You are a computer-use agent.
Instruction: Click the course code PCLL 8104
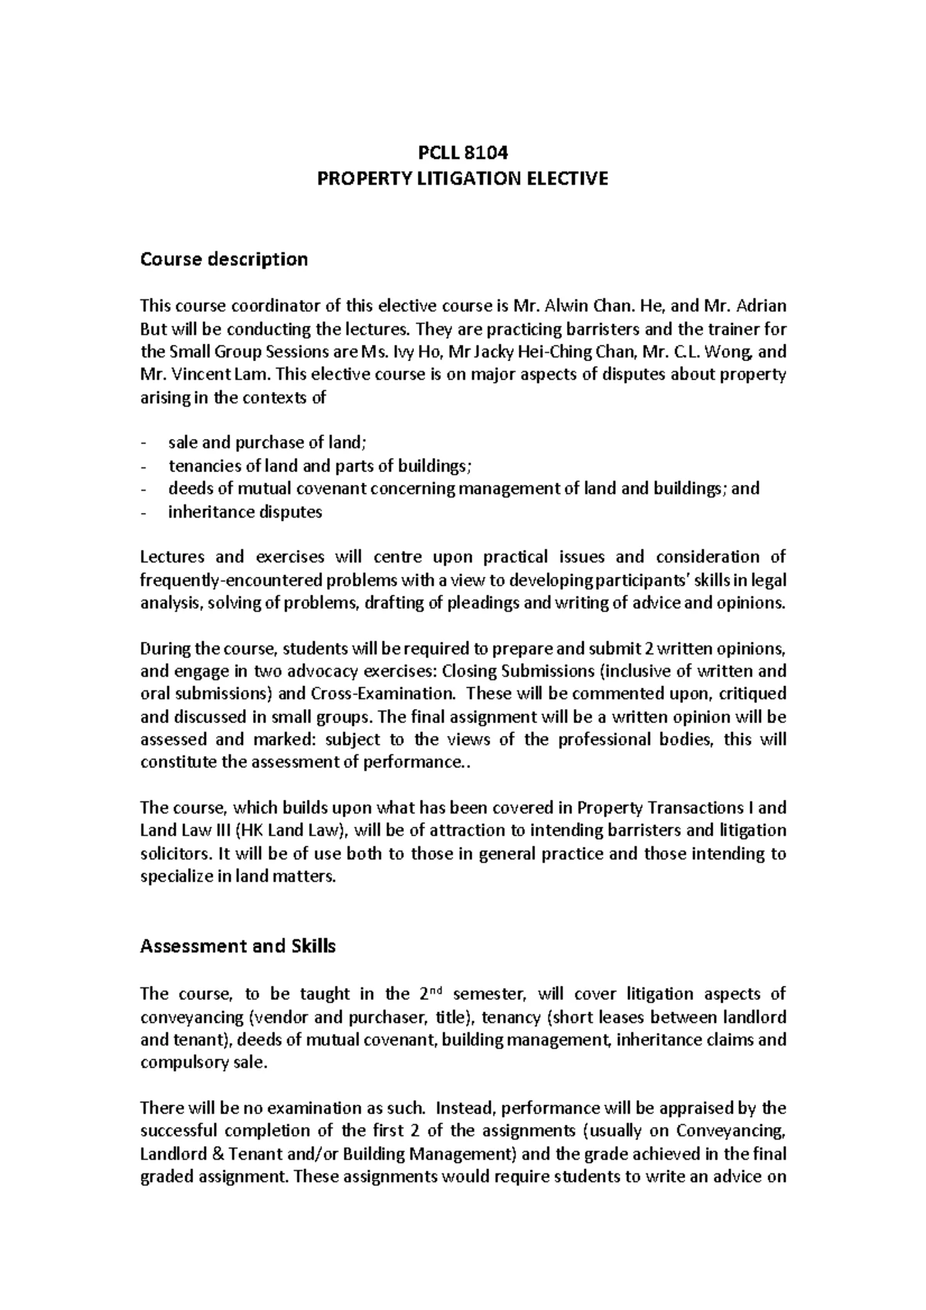(463, 153)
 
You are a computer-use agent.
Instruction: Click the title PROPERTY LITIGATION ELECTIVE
(463, 179)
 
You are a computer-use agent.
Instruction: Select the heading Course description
(224, 259)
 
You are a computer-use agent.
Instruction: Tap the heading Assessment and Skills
(238, 946)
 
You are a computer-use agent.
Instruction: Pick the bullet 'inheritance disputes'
(245, 512)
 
